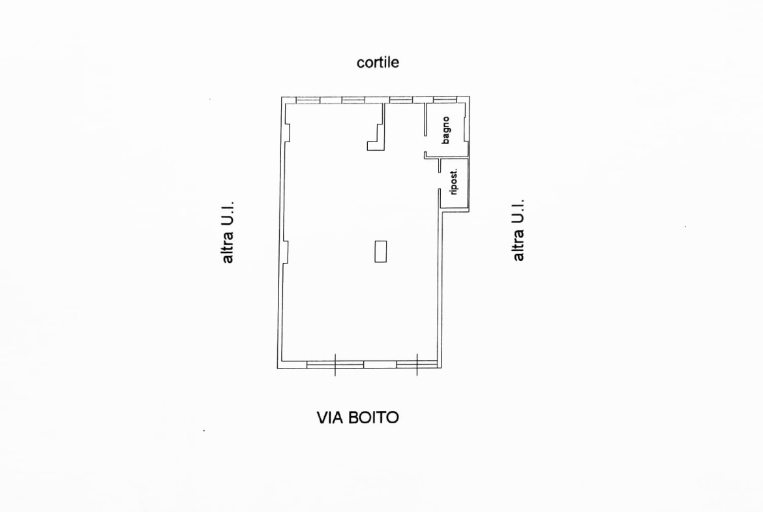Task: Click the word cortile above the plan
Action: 378,63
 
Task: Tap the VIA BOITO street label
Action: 357,417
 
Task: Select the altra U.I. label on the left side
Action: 228,232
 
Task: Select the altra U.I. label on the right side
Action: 518,230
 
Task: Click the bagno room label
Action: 445,130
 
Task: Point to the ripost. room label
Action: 454,182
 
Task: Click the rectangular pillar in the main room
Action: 381,252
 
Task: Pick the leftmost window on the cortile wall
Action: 308,100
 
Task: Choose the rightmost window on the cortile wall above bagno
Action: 445,100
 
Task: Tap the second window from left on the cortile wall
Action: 353,100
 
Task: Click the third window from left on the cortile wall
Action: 401,100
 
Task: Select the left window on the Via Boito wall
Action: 335,365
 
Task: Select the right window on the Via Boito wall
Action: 417,365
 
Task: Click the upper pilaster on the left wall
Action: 287,133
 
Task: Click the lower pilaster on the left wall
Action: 286,252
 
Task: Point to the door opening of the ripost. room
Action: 440,181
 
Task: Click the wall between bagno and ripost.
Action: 447,158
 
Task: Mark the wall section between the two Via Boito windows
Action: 380,365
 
